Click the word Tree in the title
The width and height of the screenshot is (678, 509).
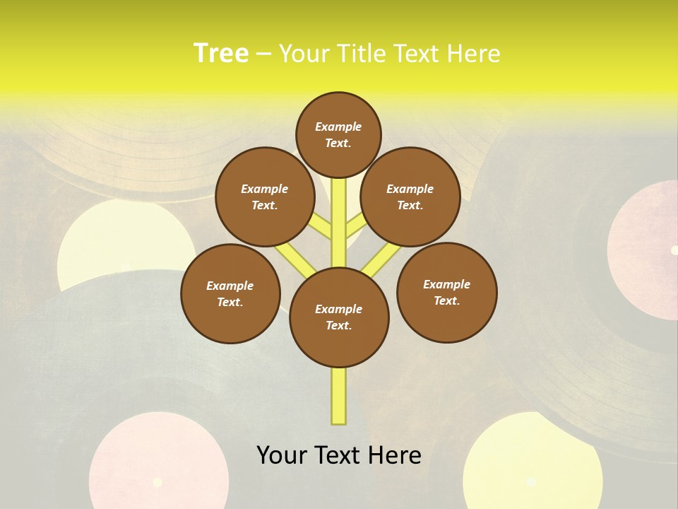(x=221, y=53)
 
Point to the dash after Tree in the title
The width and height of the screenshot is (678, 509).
(x=263, y=54)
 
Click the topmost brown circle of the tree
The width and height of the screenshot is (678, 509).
(x=338, y=134)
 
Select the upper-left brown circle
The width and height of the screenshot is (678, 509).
(x=265, y=197)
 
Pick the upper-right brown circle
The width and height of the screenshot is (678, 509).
(x=410, y=197)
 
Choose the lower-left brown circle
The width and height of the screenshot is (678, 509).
(x=230, y=293)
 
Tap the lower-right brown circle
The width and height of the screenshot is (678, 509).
(x=447, y=292)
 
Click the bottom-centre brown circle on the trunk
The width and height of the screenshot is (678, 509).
(x=339, y=317)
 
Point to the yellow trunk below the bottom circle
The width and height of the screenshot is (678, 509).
(x=339, y=396)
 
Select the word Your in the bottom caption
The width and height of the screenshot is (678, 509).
(x=282, y=455)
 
